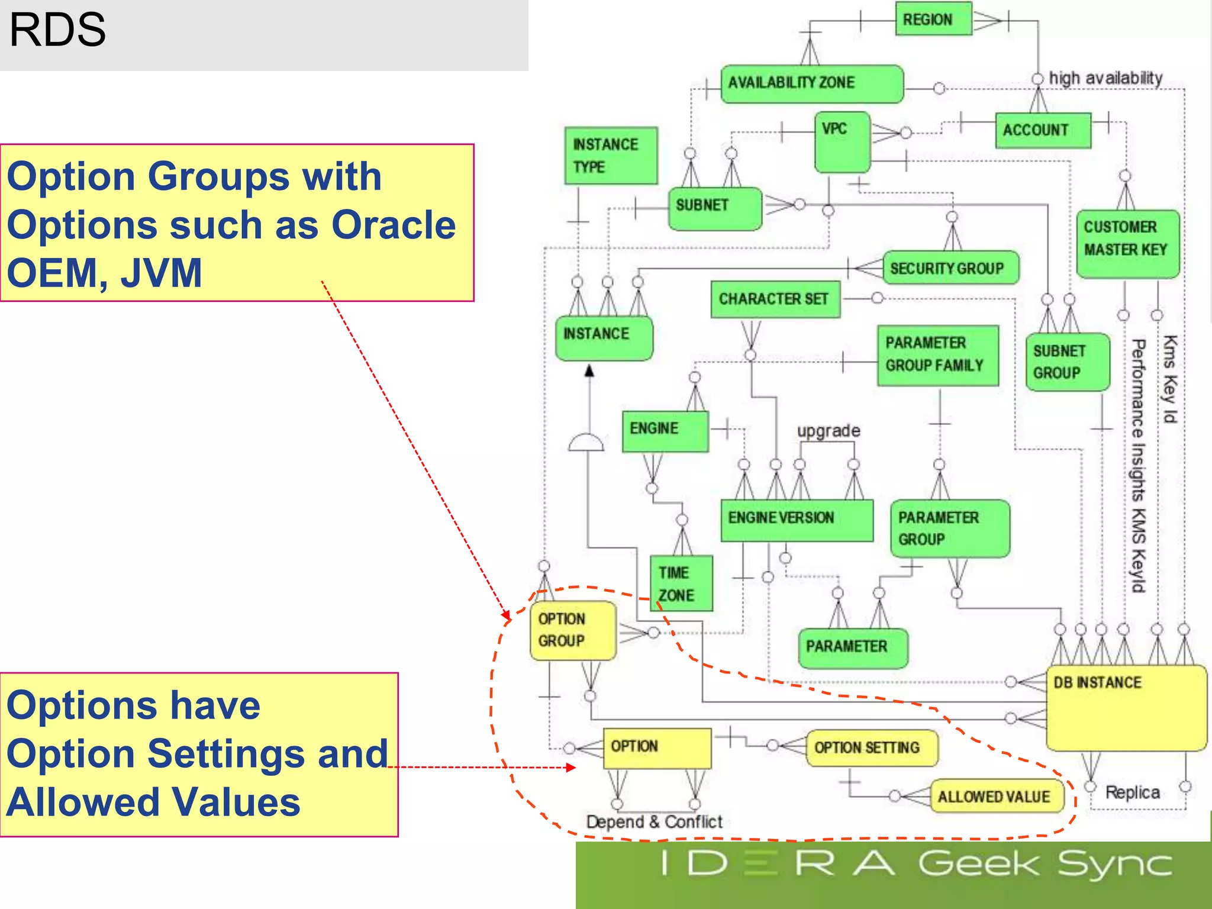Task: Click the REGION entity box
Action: pos(933,19)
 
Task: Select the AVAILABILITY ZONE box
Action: pos(811,83)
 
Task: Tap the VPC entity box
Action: pos(842,141)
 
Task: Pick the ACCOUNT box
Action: pos(1042,130)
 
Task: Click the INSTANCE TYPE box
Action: pos(610,155)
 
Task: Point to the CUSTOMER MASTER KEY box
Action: pos(1127,243)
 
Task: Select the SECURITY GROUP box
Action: pos(950,268)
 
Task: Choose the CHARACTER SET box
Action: pos(775,299)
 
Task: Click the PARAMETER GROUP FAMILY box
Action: pos(937,354)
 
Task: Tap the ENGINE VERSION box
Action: pos(797,519)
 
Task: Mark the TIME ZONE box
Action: pos(681,583)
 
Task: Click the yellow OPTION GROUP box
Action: pos(572,630)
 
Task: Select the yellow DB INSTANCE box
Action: pos(1126,707)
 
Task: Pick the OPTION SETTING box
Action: pos(871,747)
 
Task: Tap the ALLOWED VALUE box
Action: pos(997,796)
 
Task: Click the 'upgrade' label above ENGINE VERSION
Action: pos(828,430)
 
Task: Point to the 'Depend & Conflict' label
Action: pos(654,821)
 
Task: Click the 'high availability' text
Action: pos(1105,78)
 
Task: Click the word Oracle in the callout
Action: pos(393,225)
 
